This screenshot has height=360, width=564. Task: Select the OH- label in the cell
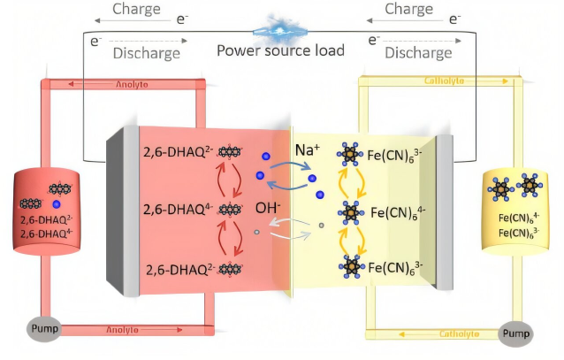pos(269,209)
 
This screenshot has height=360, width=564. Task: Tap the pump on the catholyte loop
pos(519,334)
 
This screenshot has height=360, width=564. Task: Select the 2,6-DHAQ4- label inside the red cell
pos(178,210)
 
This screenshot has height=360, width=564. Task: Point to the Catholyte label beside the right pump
pos(453,334)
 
